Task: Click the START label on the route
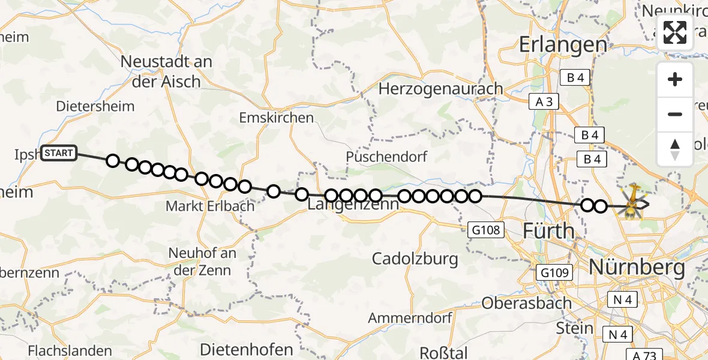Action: [x=59, y=153]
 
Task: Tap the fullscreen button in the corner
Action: [x=675, y=32]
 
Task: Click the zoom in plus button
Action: [x=675, y=79]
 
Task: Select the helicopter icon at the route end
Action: [x=632, y=203]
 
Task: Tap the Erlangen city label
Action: [x=563, y=44]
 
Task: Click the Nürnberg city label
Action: [x=637, y=268]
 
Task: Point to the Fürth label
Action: [x=548, y=230]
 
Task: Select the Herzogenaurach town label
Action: [x=441, y=89]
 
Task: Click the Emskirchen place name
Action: [x=276, y=118]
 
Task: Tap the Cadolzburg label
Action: [x=415, y=259]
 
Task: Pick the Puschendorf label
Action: [x=386, y=157]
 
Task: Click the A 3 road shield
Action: [x=544, y=102]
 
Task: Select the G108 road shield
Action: [x=486, y=229]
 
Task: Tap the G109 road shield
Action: [x=552, y=273]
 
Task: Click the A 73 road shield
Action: [x=642, y=355]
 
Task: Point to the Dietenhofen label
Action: [x=247, y=349]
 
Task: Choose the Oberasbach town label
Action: [x=526, y=302]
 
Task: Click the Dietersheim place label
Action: [x=95, y=106]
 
